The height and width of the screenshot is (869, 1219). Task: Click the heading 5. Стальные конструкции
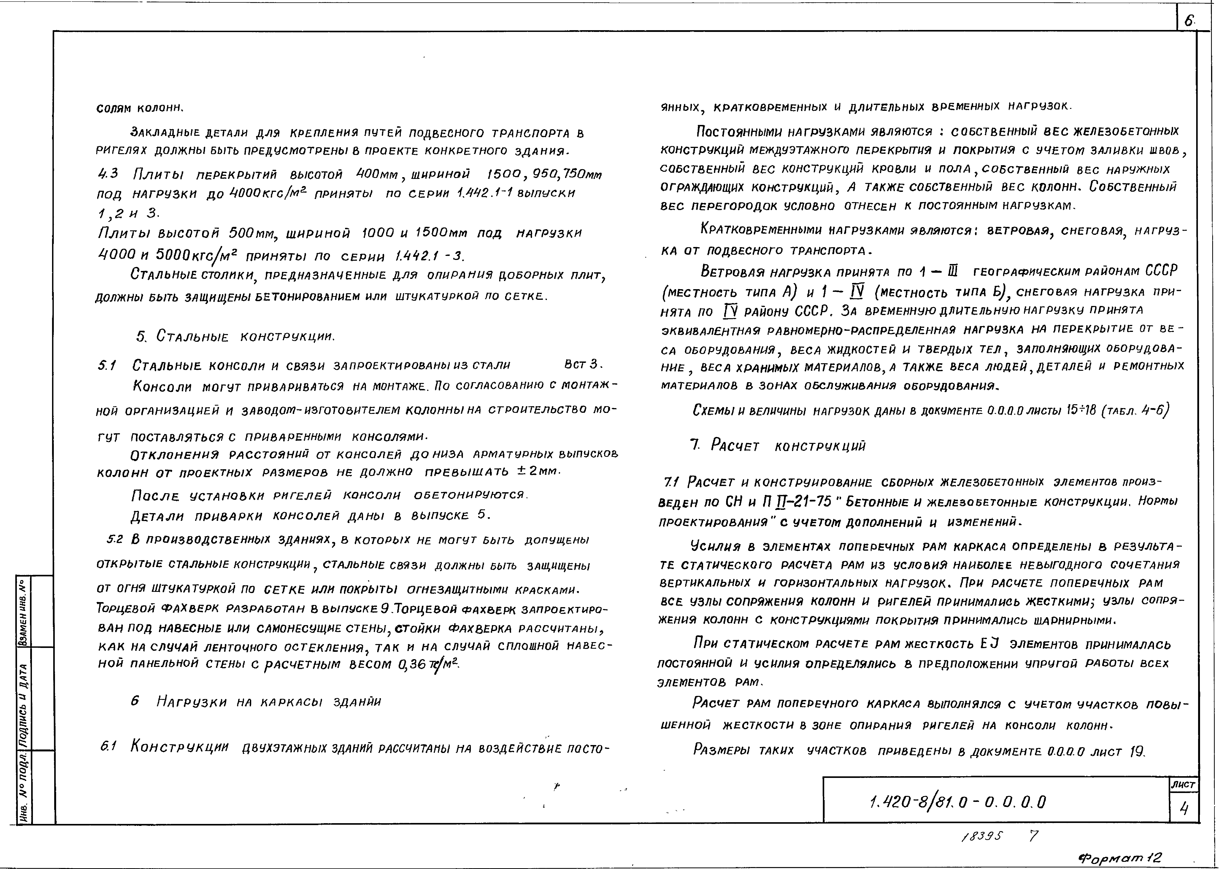(x=236, y=337)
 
